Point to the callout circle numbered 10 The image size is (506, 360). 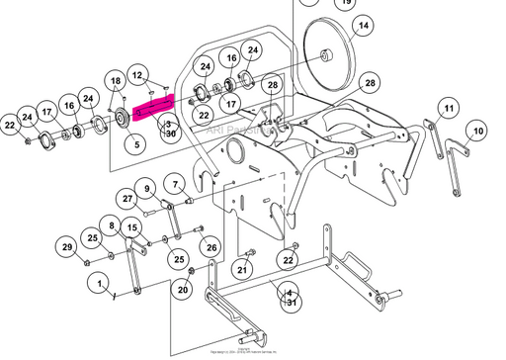(478, 131)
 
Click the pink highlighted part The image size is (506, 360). (154, 106)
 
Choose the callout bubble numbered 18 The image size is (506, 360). (116, 80)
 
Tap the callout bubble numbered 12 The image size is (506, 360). (138, 75)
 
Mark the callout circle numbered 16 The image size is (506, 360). (69, 106)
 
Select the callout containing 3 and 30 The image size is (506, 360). (170, 128)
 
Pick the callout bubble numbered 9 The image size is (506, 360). (146, 188)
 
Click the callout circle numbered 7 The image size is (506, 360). (175, 183)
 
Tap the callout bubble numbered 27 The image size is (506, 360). (127, 199)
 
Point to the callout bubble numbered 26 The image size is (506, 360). (210, 246)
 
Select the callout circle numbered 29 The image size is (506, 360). (67, 246)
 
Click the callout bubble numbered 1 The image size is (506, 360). (99, 283)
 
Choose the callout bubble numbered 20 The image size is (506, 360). (182, 289)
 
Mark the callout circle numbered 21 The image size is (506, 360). (243, 269)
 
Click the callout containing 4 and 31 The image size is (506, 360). (290, 298)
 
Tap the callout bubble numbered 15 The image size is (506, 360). (133, 228)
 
